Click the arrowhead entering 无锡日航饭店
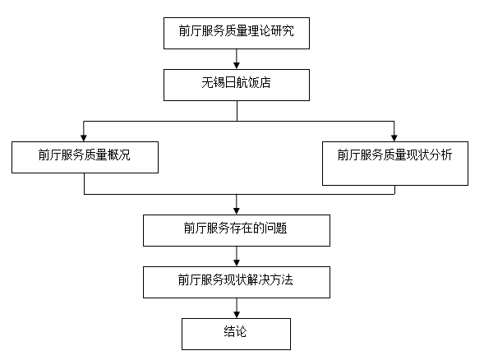(237, 66)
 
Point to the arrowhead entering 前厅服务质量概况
(84, 138)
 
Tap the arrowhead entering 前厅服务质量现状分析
(394, 138)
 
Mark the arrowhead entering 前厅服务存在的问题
(237, 211)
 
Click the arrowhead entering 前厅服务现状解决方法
(237, 263)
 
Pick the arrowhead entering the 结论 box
(237, 315)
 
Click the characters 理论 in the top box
(260, 31)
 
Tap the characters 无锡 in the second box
(214, 83)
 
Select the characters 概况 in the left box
(119, 155)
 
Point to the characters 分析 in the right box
(440, 155)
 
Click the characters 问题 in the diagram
(275, 228)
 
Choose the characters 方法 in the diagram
(282, 280)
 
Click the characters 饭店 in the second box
(260, 83)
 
